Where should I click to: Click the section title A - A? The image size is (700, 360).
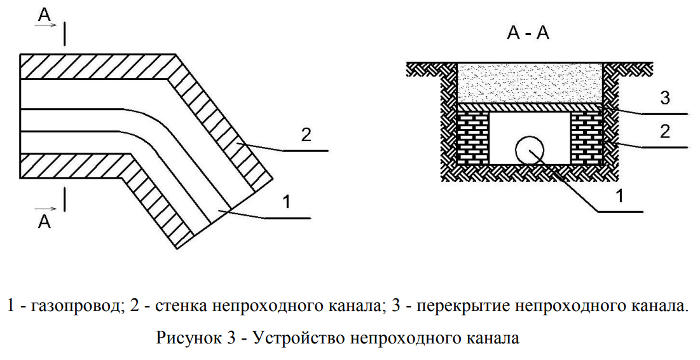(x=528, y=34)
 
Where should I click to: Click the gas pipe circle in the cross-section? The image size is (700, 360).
(x=529, y=151)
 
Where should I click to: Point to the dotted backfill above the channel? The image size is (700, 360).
(x=530, y=83)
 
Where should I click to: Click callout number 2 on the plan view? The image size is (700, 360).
(x=305, y=134)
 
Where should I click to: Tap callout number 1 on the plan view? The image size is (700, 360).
(x=286, y=202)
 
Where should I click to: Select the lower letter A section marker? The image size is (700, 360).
(x=44, y=221)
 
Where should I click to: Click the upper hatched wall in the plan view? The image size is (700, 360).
(x=95, y=67)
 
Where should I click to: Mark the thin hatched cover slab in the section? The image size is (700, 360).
(x=530, y=107)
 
